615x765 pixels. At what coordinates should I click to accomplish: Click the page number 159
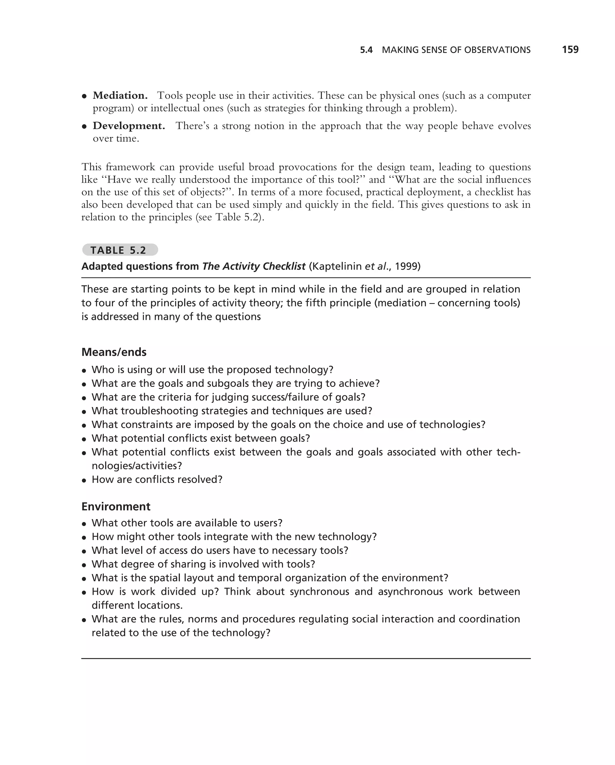pos(570,49)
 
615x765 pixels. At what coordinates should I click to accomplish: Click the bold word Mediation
pos(120,96)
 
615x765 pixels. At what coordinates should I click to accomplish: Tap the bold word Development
pos(129,126)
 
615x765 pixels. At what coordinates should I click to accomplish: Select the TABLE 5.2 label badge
pos(120,250)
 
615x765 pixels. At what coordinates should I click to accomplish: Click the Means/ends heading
pos(114,352)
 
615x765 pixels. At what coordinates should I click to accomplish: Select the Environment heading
pos(116,506)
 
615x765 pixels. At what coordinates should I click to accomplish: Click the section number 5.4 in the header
pos(366,50)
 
